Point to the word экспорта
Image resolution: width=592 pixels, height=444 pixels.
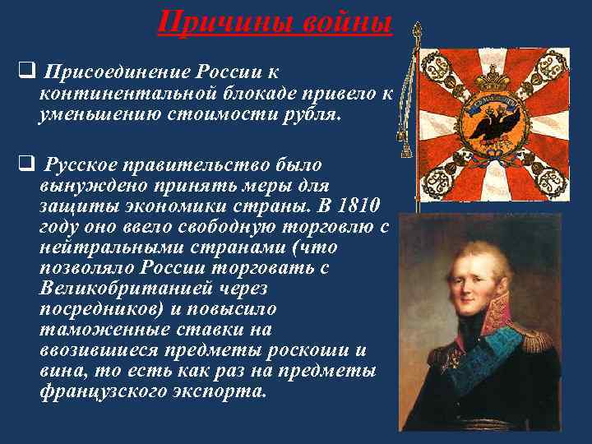coord(222,391)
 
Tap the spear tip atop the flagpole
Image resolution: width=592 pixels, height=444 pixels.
coord(417,30)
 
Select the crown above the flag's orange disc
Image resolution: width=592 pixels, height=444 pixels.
coord(493,79)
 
